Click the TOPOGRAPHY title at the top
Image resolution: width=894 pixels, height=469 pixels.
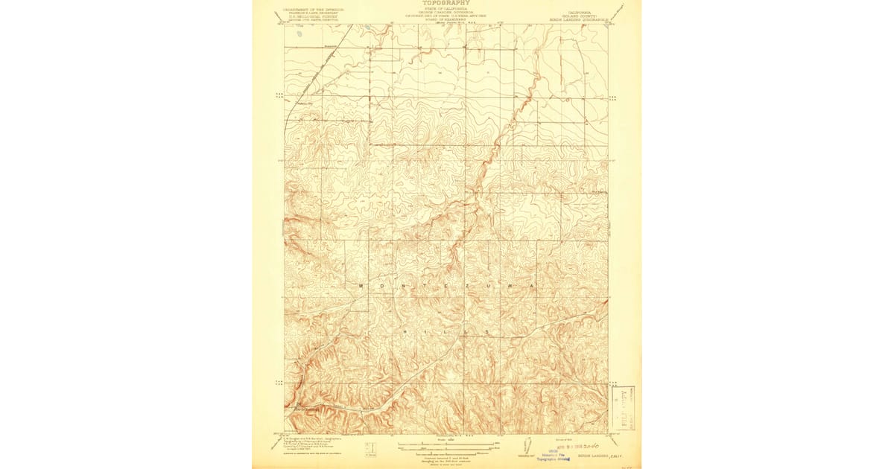click(x=446, y=3)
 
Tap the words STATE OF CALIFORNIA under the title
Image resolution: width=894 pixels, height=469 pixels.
click(x=446, y=8)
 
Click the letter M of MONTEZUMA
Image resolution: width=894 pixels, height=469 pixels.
click(x=361, y=286)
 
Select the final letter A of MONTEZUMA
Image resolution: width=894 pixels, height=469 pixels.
click(x=532, y=286)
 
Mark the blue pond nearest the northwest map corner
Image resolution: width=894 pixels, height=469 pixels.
click(x=299, y=33)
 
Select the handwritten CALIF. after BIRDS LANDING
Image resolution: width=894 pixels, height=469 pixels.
click(x=615, y=456)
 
